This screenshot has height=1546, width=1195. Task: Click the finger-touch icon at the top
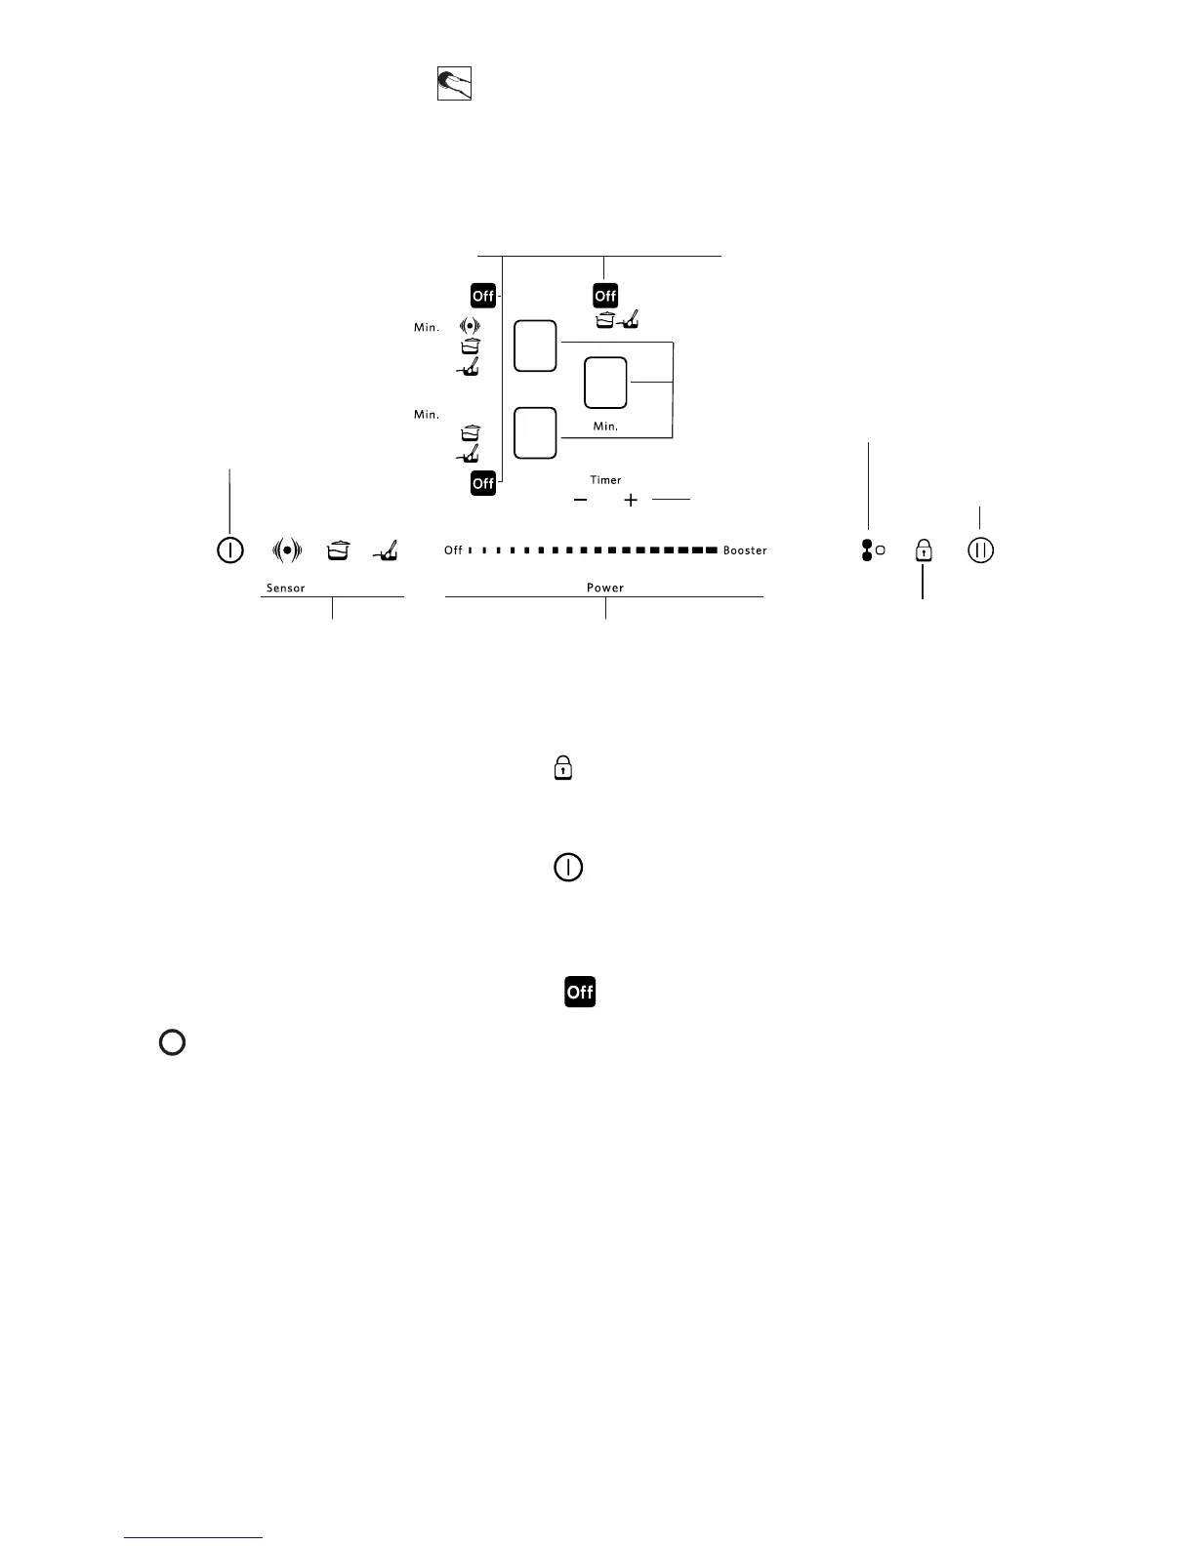coord(454,84)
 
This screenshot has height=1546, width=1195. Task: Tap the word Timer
coord(605,480)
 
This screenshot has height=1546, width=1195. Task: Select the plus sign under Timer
coord(631,500)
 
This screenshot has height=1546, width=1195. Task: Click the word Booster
coord(745,550)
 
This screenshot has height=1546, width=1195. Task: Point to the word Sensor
coord(286,589)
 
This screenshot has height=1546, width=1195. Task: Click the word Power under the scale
coord(605,588)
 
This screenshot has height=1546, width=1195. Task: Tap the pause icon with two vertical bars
coord(981,550)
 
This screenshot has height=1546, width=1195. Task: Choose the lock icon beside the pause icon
coord(923,551)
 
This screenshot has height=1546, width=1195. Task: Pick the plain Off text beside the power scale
coord(453,550)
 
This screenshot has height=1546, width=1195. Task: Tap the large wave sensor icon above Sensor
coord(286,550)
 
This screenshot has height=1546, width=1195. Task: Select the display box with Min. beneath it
coord(605,383)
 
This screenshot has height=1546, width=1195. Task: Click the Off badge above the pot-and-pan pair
coord(605,296)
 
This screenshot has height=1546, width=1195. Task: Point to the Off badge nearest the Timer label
coord(483,483)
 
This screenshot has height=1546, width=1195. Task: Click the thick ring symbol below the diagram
coord(172,1042)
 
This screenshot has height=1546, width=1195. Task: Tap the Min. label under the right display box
coord(605,427)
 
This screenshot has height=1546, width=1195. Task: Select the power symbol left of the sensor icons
coord(229,550)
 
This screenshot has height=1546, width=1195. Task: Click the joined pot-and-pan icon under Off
coord(616,319)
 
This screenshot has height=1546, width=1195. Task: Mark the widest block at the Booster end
coord(711,550)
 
